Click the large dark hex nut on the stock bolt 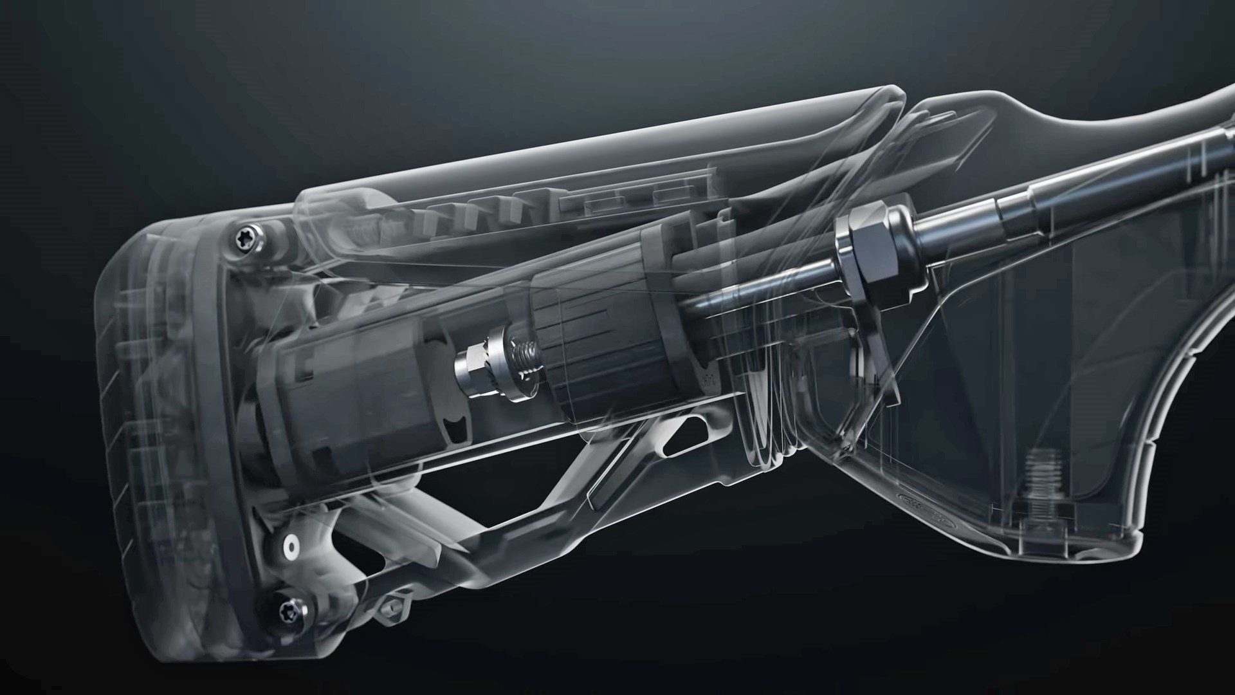point(869,247)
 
